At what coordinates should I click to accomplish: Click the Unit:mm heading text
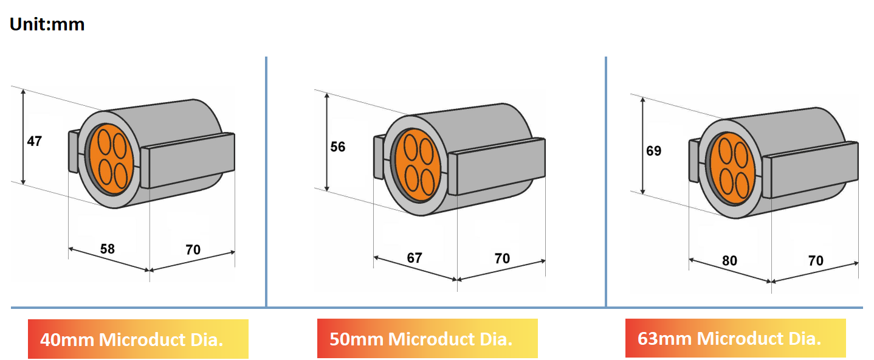click(47, 24)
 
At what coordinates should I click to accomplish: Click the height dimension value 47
click(35, 141)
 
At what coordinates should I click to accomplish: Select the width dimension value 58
click(107, 248)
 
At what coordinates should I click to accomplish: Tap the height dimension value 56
click(337, 147)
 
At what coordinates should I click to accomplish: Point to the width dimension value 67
click(415, 258)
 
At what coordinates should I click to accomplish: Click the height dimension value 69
click(653, 150)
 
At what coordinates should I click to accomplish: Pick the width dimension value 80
click(729, 261)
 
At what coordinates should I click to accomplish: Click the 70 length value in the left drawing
click(193, 249)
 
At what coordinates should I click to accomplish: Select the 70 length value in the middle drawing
click(502, 258)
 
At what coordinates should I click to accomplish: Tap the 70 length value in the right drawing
click(816, 261)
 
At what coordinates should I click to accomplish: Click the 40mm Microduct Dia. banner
click(138, 339)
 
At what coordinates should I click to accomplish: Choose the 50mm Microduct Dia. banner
click(427, 339)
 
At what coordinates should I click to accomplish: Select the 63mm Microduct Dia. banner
click(735, 339)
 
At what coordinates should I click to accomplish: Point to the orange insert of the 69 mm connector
click(732, 167)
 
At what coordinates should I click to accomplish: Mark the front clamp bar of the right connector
click(811, 170)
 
